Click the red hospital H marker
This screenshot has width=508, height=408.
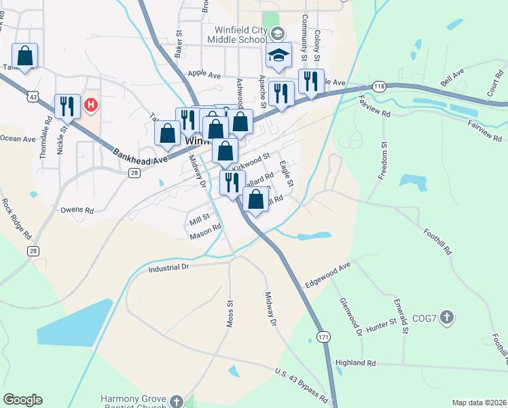90,105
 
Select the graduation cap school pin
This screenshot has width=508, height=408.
278,55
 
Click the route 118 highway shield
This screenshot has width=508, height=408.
379,86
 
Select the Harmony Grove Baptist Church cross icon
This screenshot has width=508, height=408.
177,401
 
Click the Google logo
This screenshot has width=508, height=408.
22,400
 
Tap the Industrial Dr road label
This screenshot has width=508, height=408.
177,268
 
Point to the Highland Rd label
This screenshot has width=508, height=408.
355,363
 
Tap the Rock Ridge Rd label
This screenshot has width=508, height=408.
16,218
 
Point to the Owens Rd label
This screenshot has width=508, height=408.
77,210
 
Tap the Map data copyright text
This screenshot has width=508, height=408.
478,403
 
